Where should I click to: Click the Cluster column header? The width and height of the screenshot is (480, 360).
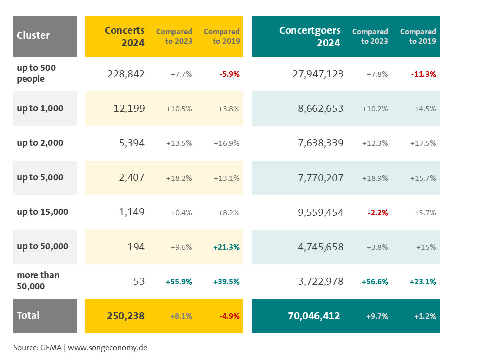tap(33, 35)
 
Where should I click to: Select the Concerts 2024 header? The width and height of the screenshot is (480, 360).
tap(125, 36)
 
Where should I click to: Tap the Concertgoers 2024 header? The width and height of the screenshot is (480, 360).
tap(310, 36)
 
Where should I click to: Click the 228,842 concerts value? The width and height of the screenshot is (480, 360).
tap(126, 74)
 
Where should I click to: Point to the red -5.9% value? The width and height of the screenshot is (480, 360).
tap(230, 74)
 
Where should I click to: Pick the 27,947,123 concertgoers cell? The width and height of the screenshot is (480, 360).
tap(318, 74)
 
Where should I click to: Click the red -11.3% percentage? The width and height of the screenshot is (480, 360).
tap(424, 74)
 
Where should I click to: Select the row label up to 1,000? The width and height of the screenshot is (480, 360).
tap(40, 108)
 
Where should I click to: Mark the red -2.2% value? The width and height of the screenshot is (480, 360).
tap(378, 212)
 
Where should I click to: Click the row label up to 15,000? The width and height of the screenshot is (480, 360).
tap(43, 212)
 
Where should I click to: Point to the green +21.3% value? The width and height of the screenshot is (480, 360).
tap(226, 247)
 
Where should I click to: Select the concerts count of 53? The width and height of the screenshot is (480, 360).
tap(139, 281)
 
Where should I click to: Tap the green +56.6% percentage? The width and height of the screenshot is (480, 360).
tap(375, 282)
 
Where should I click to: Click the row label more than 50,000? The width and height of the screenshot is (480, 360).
tap(38, 281)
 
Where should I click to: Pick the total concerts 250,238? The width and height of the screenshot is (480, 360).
tap(126, 316)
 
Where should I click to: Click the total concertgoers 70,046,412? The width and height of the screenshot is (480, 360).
tap(314, 316)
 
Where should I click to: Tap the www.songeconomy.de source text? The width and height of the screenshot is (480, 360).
tap(107, 347)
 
